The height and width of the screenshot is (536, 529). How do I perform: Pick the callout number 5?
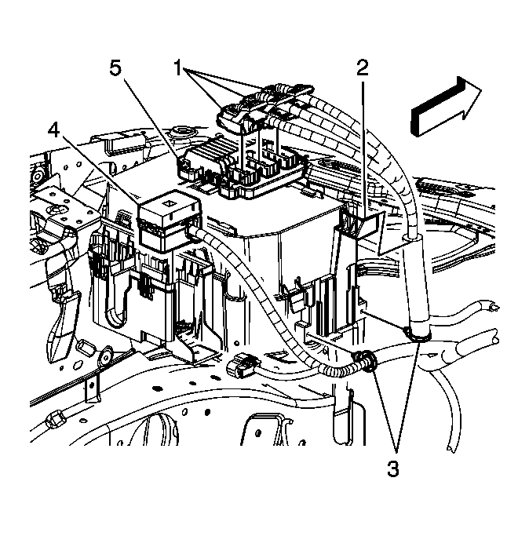[115, 69]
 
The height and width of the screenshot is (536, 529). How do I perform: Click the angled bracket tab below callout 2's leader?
[363, 222]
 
